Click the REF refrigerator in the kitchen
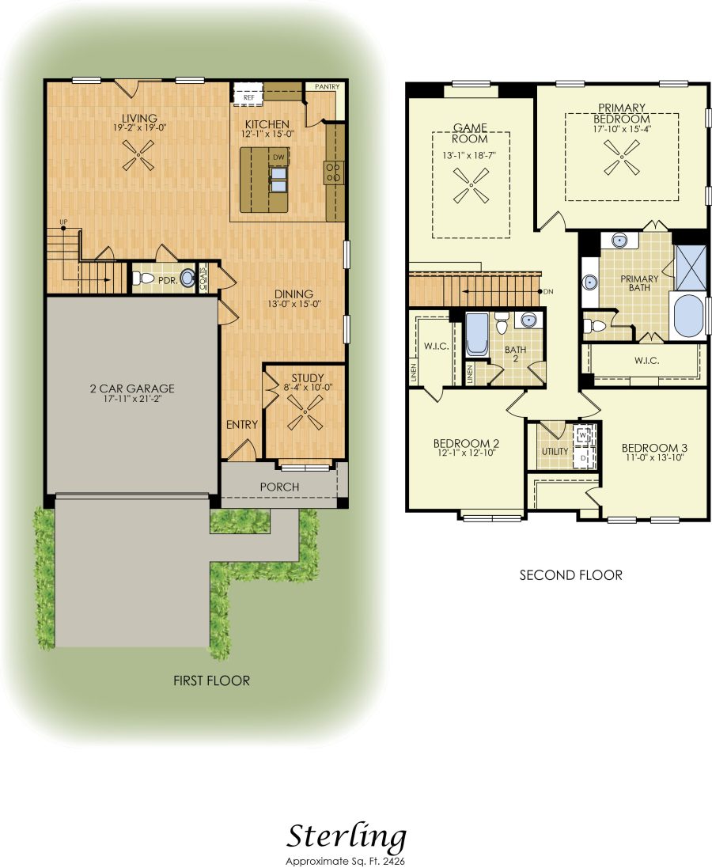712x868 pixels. pos(248,93)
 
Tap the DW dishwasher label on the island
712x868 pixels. pos(278,157)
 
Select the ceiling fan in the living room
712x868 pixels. pos(138,155)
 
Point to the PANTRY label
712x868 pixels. pos(327,87)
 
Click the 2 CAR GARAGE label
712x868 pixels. pos(132,389)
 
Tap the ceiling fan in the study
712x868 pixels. pos(305,412)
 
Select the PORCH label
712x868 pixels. pos(279,487)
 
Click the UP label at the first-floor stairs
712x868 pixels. pos(63,222)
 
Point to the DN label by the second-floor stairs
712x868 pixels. pos(548,292)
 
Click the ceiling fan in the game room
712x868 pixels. pos(472,185)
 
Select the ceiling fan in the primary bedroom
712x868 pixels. pos(622,157)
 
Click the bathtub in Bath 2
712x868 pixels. pos(477,335)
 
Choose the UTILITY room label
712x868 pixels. pos(555,451)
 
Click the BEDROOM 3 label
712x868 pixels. pos(654,448)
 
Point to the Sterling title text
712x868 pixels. pos(347,838)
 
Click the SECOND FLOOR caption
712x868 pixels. pos(571,575)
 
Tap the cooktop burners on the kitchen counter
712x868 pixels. pos(334,172)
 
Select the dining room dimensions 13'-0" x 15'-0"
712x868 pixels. pos(294,304)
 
